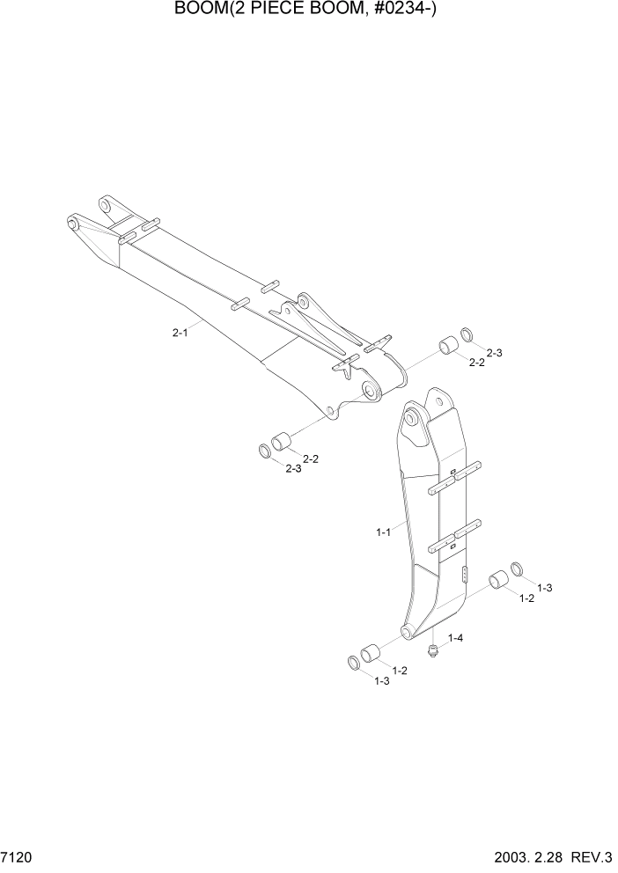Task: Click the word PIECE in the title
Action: pos(254,11)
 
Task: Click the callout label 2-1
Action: pos(180,333)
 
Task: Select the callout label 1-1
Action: pos(383,532)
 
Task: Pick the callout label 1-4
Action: pos(456,636)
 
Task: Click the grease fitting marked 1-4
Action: pos(432,650)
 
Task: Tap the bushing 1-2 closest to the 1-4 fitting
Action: pos(372,655)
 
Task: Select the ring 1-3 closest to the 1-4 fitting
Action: pos(355,662)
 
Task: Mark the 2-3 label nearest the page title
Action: pos(494,353)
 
